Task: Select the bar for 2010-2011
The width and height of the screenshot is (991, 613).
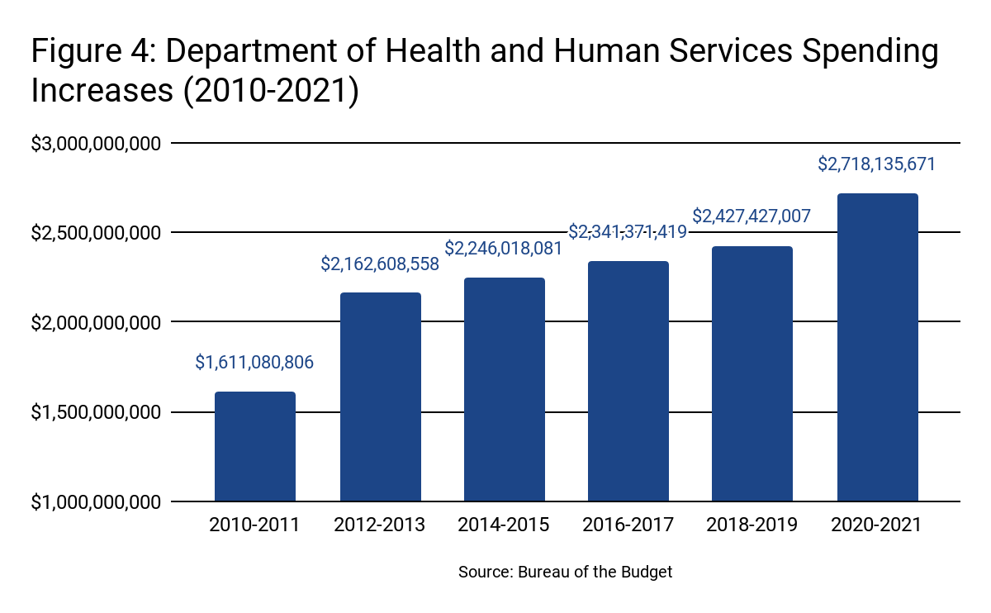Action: [255, 446]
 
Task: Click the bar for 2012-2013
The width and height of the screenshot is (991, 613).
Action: [380, 397]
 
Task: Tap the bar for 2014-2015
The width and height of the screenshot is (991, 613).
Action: [504, 389]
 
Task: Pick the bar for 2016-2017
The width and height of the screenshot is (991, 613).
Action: [628, 381]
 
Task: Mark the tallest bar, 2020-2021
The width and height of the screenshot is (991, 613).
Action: [877, 347]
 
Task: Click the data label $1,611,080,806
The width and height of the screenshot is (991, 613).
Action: [254, 362]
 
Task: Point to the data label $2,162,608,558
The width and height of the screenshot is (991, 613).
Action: [380, 264]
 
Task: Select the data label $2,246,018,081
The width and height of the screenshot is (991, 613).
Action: [504, 248]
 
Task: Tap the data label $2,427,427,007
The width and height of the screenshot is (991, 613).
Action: [752, 216]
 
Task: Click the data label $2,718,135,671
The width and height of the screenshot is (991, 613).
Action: [877, 164]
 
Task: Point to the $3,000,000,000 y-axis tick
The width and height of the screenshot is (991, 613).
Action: [95, 144]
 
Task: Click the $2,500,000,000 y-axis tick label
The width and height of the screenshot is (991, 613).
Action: [95, 233]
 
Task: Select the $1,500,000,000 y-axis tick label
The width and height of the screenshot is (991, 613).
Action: [95, 412]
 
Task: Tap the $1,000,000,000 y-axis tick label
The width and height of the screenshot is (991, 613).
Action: [95, 501]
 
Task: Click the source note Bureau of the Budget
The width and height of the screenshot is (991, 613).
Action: [566, 572]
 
